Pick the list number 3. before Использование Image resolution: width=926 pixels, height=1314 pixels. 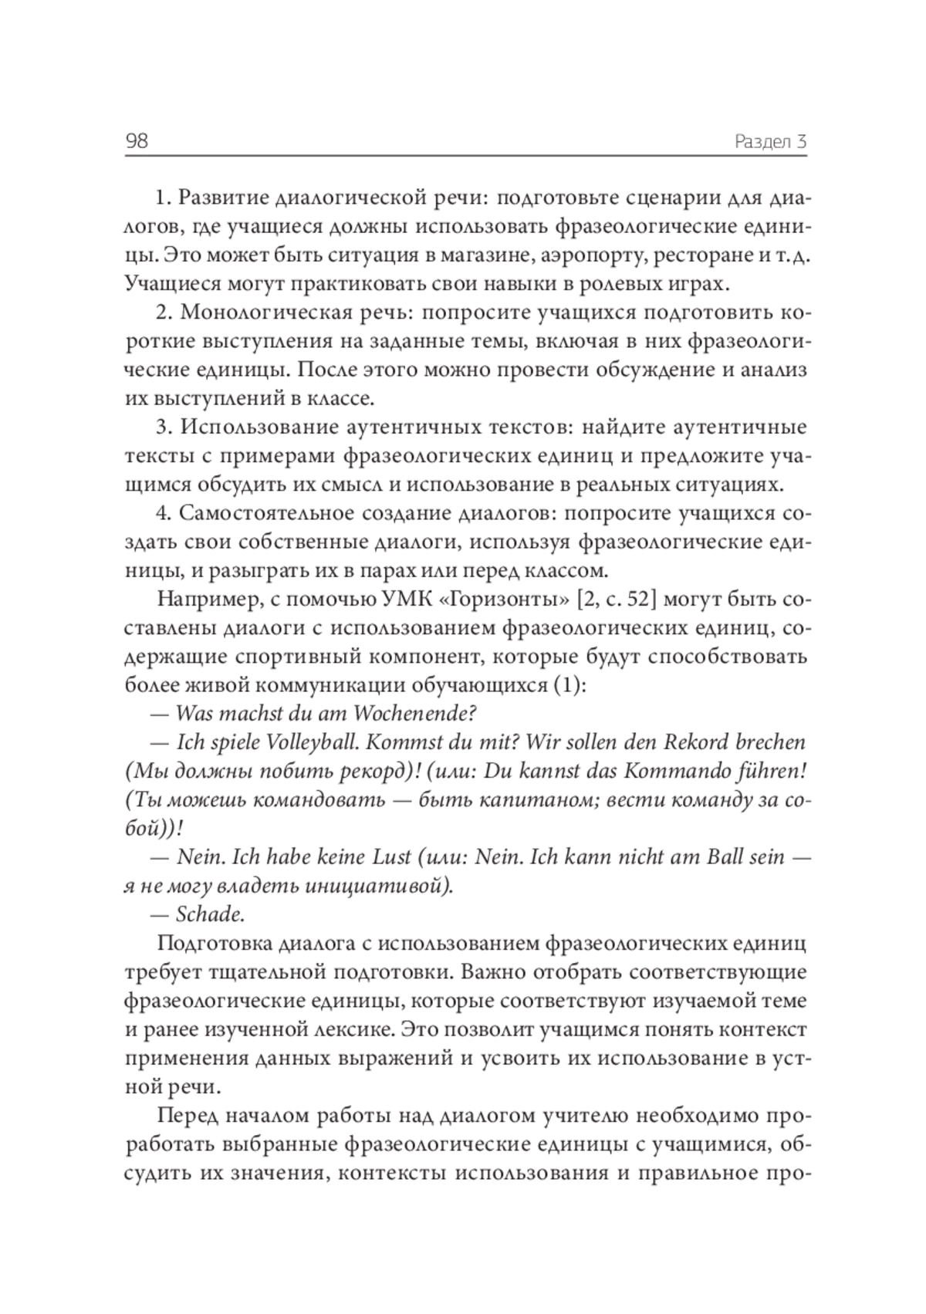pos(163,427)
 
